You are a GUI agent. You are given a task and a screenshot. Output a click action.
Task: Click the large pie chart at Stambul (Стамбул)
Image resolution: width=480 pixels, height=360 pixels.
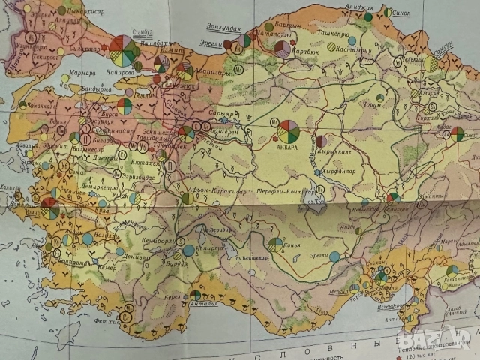[123, 50]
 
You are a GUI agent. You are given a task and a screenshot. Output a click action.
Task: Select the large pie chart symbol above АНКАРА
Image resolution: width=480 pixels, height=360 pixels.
[289, 130]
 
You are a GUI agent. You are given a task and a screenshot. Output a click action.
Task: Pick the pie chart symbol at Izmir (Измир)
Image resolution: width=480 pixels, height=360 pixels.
[50, 208]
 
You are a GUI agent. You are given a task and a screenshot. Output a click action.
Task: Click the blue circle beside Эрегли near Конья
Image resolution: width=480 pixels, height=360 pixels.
[334, 256]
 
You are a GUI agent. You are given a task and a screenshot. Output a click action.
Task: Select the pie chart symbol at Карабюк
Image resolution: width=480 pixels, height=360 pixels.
[282, 49]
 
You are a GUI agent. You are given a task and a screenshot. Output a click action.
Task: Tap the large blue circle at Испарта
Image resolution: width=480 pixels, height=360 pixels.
[189, 250]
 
